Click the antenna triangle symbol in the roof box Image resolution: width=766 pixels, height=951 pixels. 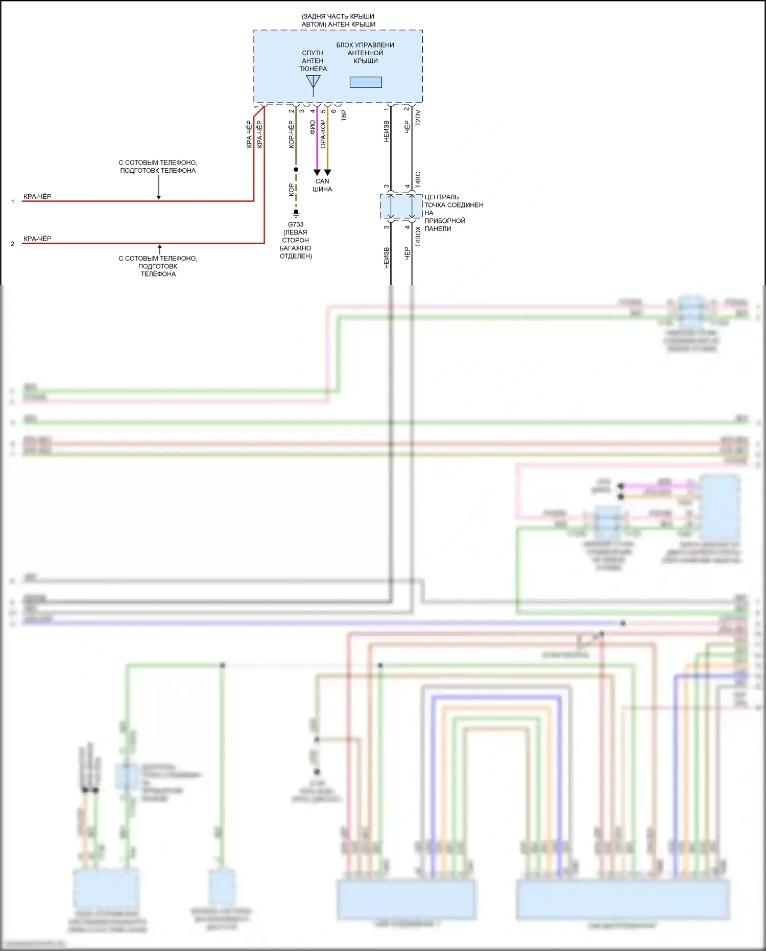[x=313, y=82]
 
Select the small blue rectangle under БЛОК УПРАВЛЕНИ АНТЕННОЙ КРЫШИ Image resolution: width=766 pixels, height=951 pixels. [x=366, y=82]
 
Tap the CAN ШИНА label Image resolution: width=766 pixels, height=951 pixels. [x=322, y=185]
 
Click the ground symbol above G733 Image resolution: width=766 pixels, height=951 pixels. [x=296, y=213]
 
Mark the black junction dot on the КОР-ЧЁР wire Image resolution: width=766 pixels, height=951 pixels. [x=296, y=169]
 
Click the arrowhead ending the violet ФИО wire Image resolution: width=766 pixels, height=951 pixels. [x=317, y=172]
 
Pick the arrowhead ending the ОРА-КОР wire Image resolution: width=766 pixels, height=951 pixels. [x=327, y=172]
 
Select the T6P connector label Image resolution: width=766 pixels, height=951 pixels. [x=344, y=115]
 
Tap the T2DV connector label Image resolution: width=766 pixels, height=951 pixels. [x=418, y=117]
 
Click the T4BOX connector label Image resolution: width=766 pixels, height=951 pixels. [x=418, y=237]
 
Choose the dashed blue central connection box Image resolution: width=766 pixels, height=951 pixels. [x=401, y=206]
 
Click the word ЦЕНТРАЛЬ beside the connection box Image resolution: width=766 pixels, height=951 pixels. [x=441, y=197]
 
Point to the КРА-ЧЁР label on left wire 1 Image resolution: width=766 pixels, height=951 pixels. [x=37, y=196]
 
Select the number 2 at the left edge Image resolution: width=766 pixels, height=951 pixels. [x=12, y=244]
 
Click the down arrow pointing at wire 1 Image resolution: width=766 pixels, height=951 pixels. [x=159, y=196]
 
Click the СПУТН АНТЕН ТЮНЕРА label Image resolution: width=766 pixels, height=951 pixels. [x=313, y=60]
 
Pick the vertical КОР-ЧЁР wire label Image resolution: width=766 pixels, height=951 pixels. [x=291, y=134]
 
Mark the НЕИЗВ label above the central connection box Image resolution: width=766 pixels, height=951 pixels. [x=386, y=131]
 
